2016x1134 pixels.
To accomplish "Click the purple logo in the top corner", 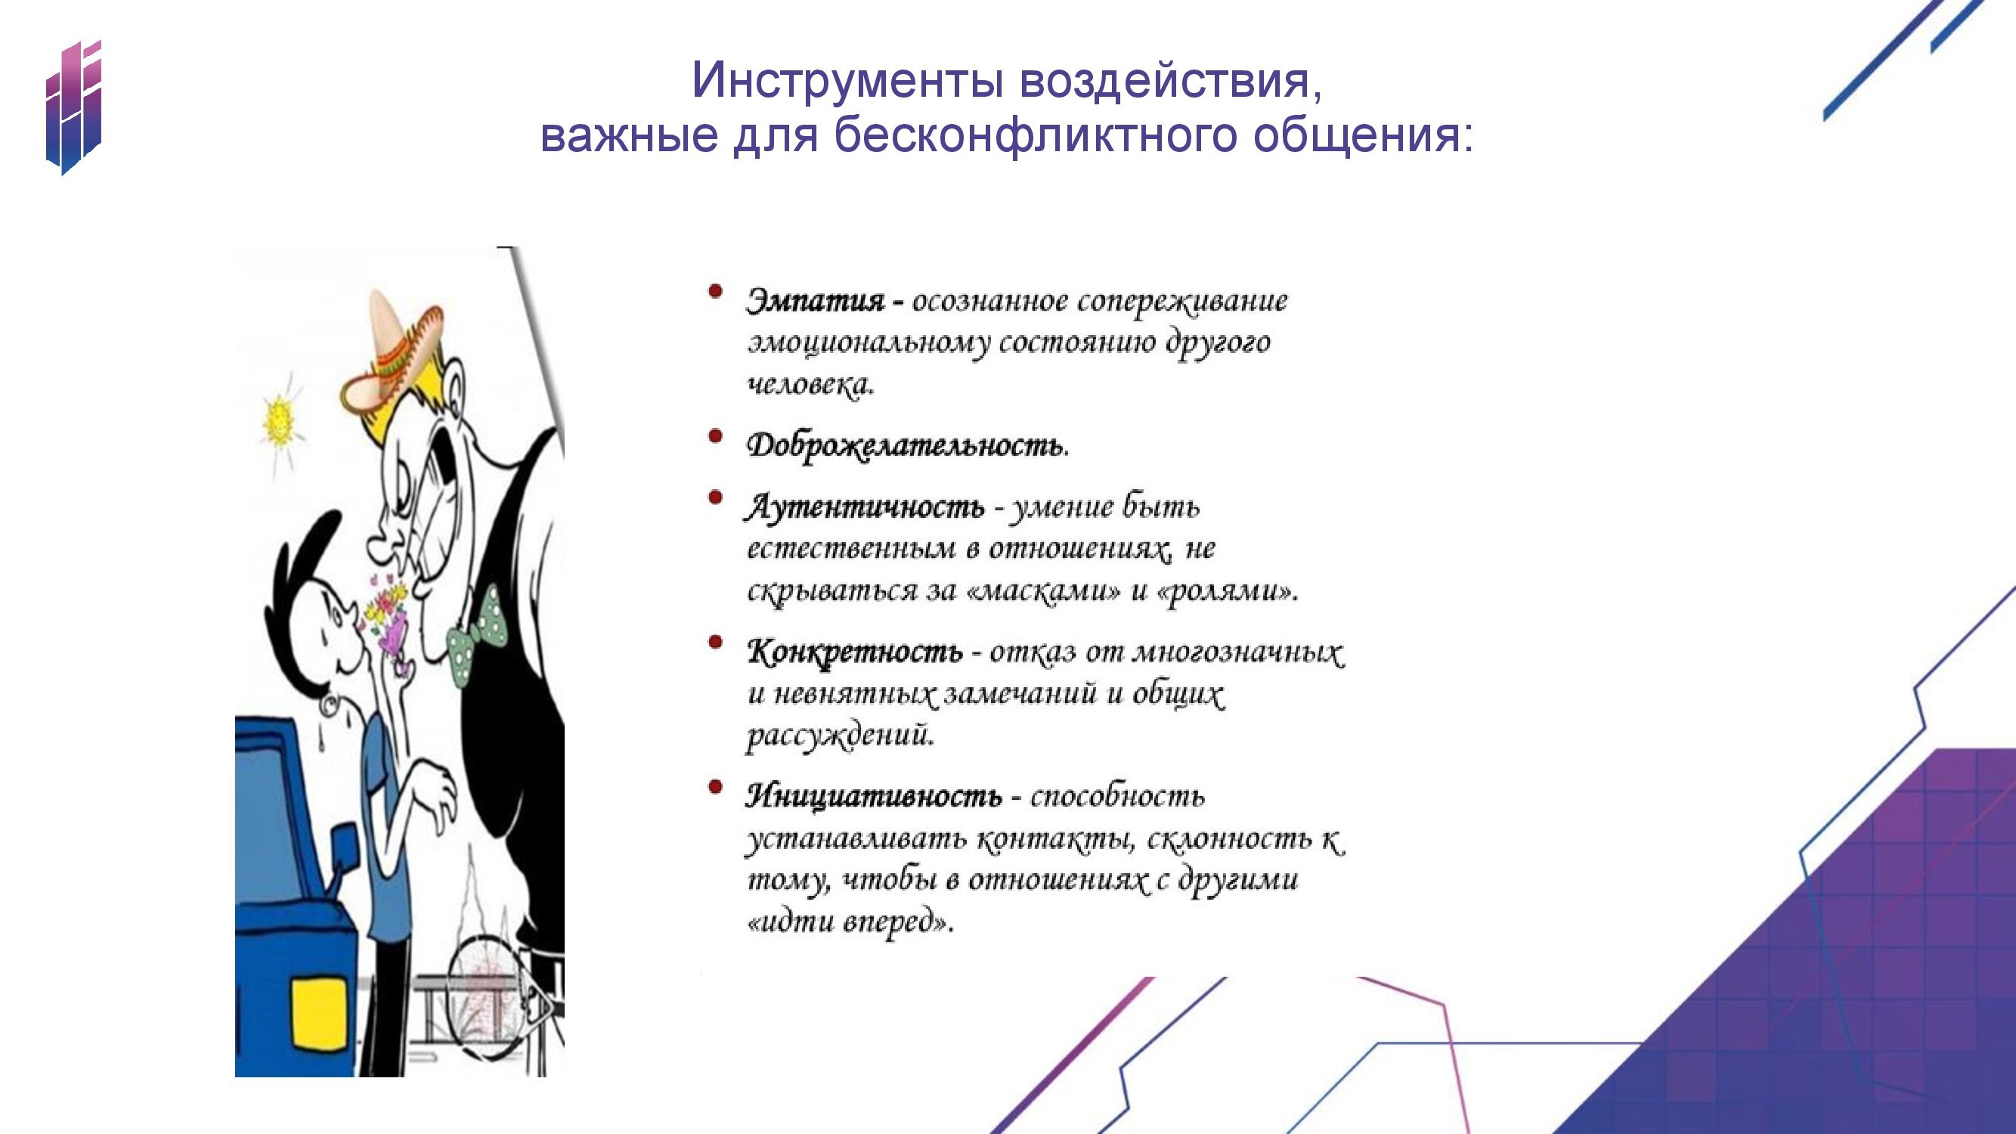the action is point(73,107).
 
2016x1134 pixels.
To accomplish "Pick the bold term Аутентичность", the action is point(865,508).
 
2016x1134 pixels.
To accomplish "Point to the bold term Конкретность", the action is point(855,652).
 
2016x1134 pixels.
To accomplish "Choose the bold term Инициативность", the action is point(873,797).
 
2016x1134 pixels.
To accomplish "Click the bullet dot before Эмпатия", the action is point(714,291).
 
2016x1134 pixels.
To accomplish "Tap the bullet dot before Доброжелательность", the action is point(714,436).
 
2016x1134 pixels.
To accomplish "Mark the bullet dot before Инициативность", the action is point(714,786).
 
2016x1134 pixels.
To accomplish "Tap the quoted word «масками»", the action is point(1043,591).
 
